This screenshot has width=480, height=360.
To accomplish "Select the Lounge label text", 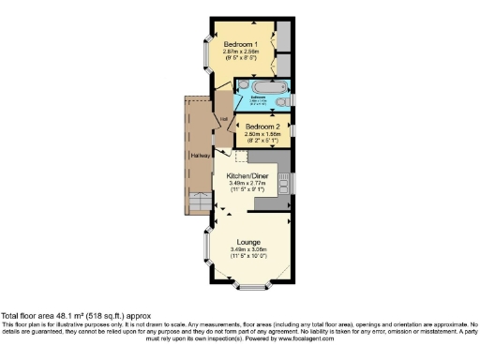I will coord(248,242).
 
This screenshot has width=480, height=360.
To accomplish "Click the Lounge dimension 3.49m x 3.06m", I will coord(248,249).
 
